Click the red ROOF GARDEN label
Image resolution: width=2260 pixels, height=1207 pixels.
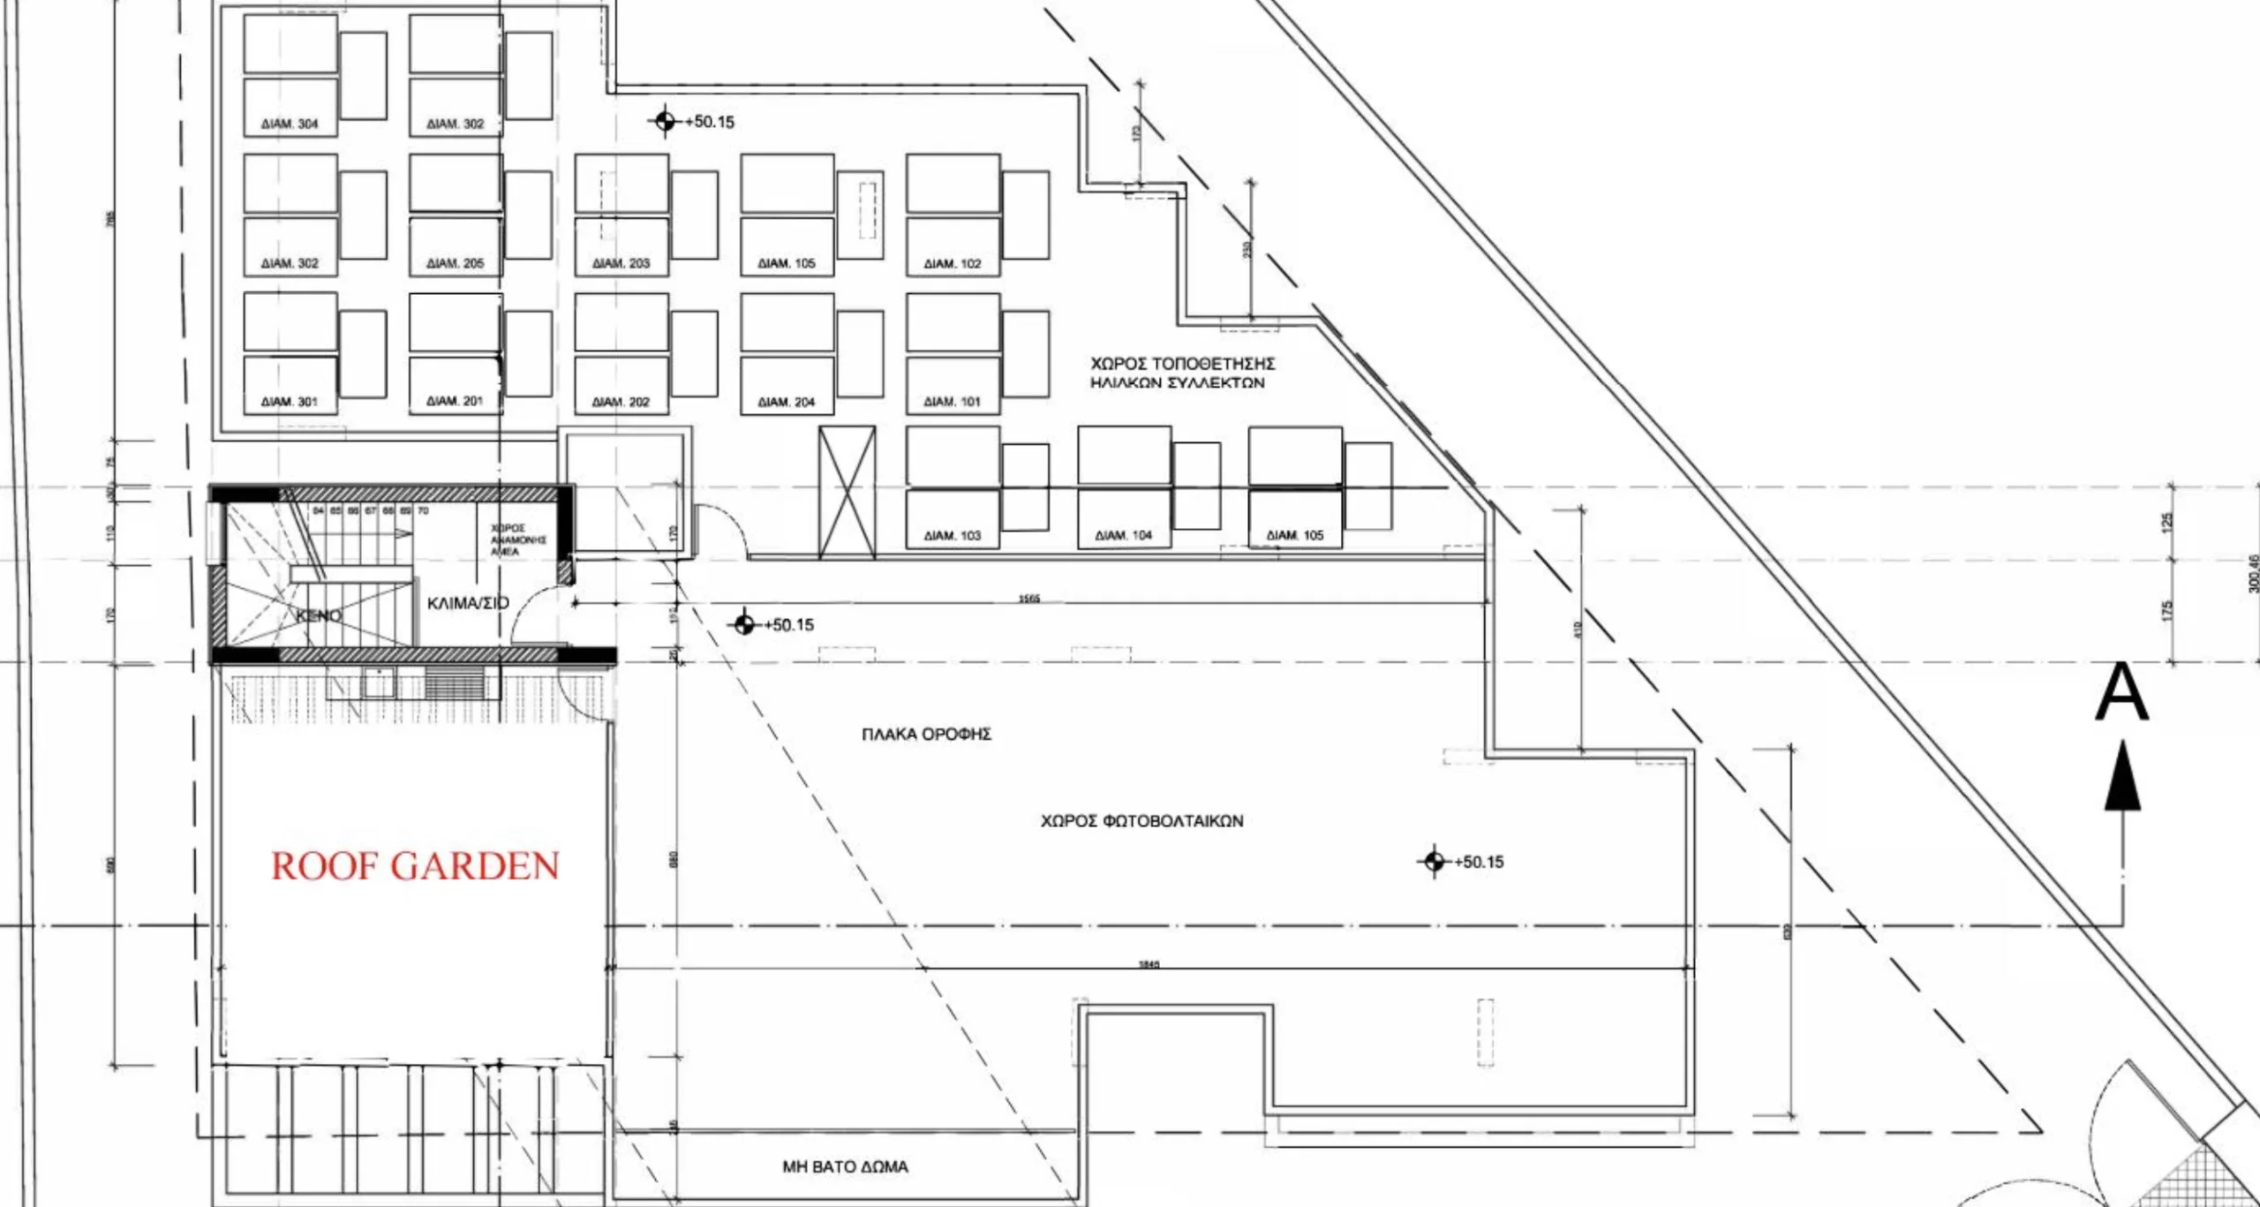tap(415, 866)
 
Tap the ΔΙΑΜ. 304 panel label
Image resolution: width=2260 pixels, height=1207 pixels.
tap(290, 124)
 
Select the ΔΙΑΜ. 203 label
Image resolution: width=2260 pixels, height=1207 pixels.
tap(621, 263)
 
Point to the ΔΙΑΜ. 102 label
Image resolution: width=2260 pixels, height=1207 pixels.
tap(953, 263)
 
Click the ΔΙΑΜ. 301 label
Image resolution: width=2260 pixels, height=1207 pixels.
tap(290, 402)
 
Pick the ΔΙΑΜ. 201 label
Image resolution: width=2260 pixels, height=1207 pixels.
tap(455, 401)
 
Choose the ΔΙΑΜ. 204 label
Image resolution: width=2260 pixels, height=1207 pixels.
tap(787, 402)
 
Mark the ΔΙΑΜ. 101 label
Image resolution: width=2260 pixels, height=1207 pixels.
tap(953, 402)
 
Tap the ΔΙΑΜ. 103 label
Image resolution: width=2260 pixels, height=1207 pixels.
tap(953, 535)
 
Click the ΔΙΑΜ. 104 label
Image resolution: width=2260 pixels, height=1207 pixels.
tap(1124, 535)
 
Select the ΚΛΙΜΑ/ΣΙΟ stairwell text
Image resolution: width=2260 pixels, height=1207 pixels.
tap(468, 603)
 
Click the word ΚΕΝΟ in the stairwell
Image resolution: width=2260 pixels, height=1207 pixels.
tap(319, 615)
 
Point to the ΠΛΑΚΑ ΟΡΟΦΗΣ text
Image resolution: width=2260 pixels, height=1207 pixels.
tap(927, 734)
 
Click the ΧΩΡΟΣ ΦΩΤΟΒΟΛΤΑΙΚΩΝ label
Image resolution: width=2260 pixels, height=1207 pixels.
tap(1141, 821)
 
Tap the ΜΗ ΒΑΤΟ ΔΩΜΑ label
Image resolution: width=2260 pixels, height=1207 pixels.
tap(845, 1166)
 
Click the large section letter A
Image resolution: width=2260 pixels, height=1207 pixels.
tap(2121, 694)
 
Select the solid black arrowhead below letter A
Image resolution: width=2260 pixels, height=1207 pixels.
tap(2122, 777)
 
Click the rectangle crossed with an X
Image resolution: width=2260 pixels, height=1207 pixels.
tap(847, 493)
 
